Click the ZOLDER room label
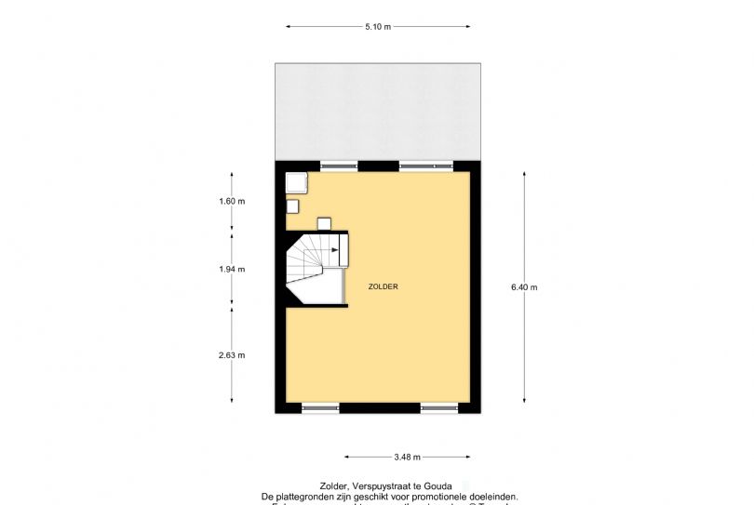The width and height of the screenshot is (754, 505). (x=384, y=286)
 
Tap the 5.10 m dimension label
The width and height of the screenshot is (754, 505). (x=377, y=27)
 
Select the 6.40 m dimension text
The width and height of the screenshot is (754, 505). (x=524, y=287)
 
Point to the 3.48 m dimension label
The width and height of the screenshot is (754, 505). (x=408, y=457)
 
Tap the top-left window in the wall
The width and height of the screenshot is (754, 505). (x=339, y=166)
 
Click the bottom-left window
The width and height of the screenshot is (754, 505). (x=319, y=407)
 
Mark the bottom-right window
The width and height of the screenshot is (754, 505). (x=438, y=407)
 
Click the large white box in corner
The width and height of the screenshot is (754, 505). (x=297, y=182)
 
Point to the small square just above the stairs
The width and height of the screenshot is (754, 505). (x=324, y=223)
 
